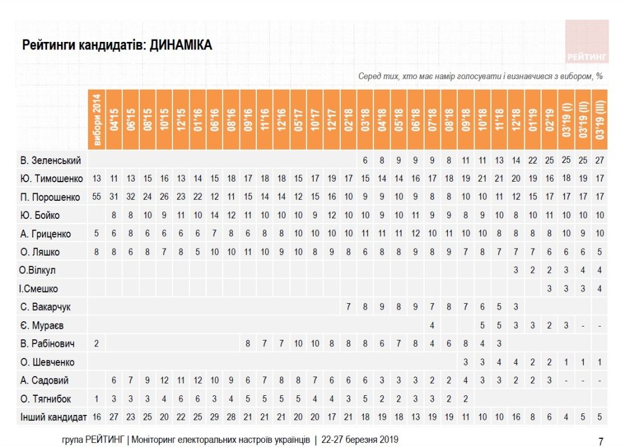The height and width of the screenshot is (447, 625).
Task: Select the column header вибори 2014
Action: point(97,119)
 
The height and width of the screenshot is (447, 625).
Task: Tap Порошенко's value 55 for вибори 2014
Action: point(97,197)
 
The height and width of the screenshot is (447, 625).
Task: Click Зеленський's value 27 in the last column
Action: point(601,160)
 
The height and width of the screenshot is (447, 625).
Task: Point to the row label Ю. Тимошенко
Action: point(51,179)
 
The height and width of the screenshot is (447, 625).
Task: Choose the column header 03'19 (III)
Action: point(601,119)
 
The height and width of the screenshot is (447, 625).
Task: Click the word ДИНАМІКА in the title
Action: point(181,45)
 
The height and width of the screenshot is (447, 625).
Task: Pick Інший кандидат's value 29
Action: point(215,417)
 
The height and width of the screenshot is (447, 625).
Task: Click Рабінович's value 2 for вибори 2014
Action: point(97,343)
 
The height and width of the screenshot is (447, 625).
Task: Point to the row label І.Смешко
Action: point(38,289)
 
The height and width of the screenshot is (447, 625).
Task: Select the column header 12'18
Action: point(516,119)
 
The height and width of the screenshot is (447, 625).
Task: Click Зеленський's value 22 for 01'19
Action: point(532,160)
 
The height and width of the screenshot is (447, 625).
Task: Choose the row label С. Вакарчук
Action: point(45,307)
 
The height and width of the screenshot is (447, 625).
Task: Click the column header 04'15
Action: point(114,119)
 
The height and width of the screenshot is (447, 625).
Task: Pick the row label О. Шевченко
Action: point(48,362)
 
